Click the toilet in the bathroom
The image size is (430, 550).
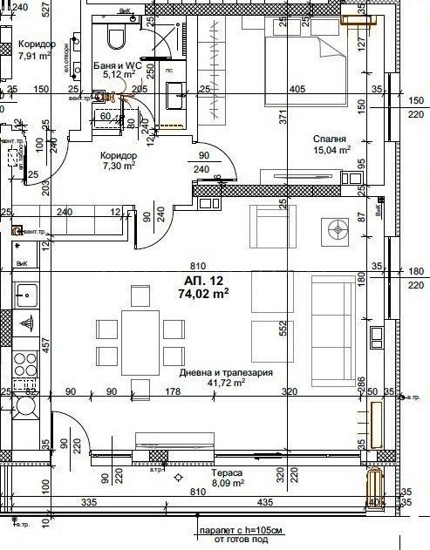point(114,37)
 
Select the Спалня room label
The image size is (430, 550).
point(331,138)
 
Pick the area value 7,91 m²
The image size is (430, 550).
point(36,60)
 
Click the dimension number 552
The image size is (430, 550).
point(282,329)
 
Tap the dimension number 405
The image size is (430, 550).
point(297,89)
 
